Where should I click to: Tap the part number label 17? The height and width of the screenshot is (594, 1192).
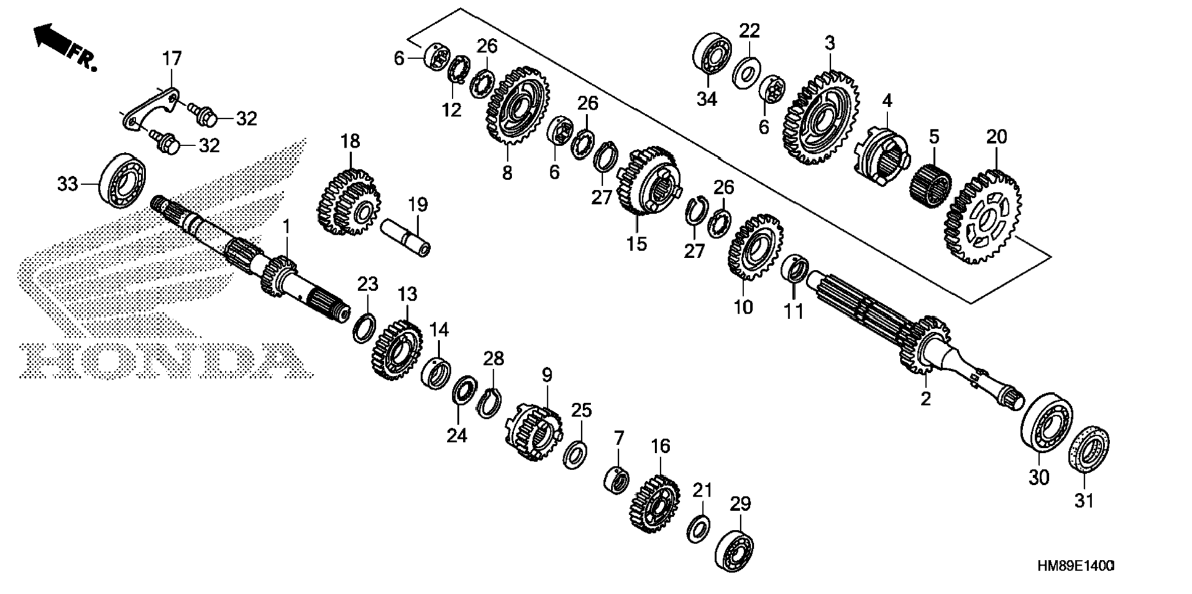172,59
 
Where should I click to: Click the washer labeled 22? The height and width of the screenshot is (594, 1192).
746,73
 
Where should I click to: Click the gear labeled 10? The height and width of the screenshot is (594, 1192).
755,248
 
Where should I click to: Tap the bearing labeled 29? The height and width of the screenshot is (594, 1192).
735,550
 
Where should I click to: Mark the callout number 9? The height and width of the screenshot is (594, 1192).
547,375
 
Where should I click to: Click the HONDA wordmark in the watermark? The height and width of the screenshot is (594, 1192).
163,360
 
